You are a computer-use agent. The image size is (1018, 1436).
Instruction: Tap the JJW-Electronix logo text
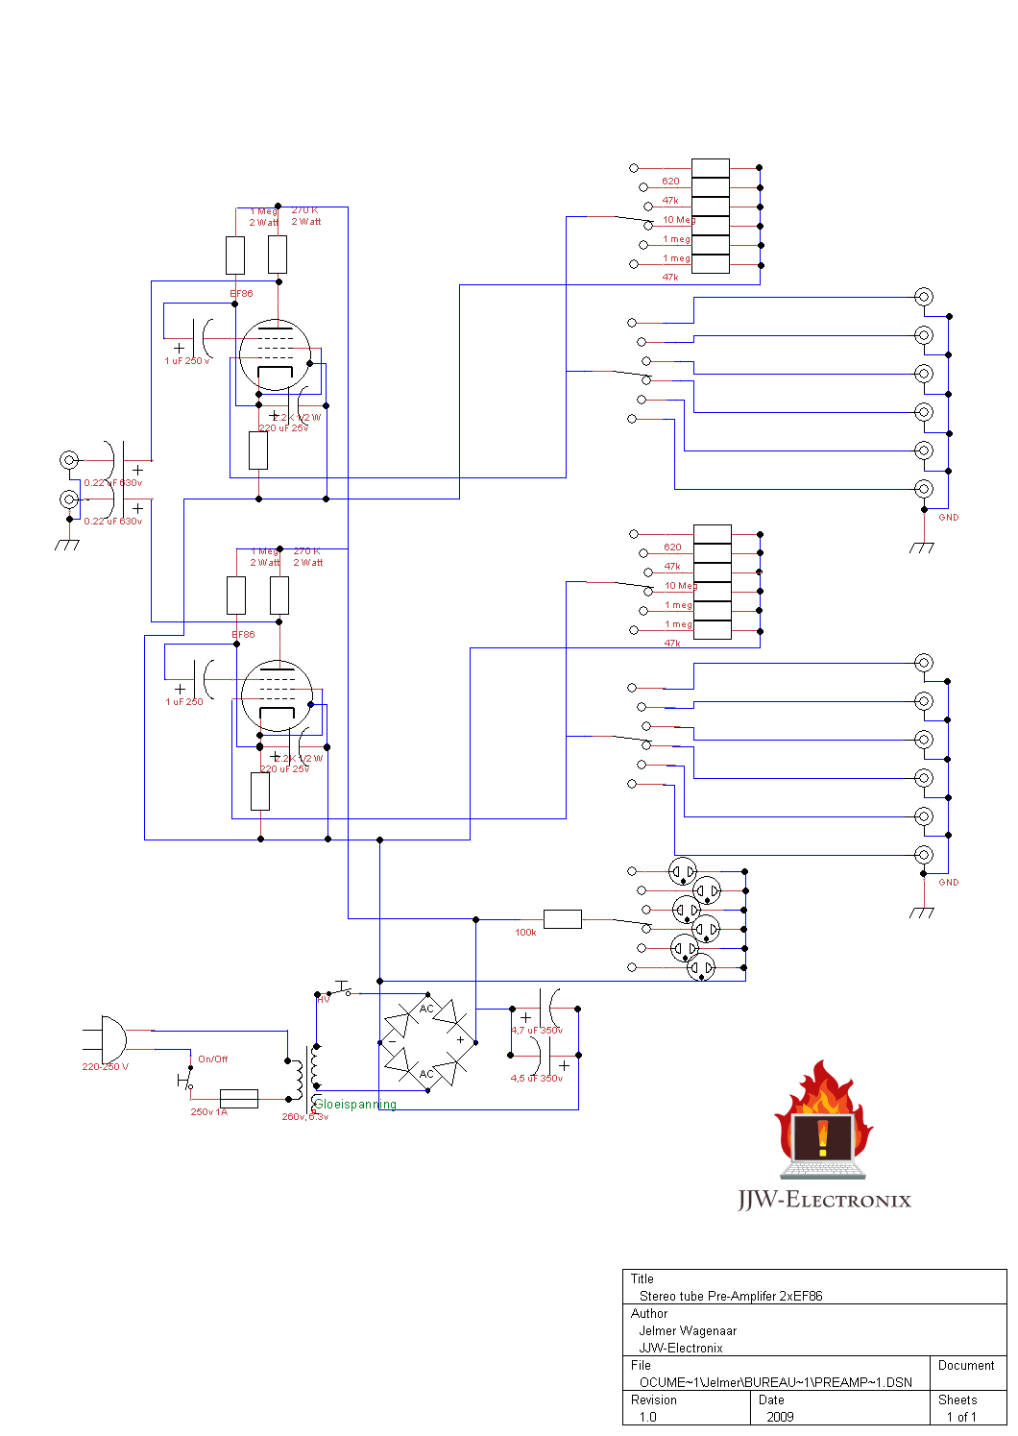(824, 1200)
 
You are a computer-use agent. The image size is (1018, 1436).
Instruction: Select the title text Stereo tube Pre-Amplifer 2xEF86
(731, 1296)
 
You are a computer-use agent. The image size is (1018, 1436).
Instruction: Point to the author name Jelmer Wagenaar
(688, 1330)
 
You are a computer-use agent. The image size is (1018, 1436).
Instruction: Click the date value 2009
(780, 1417)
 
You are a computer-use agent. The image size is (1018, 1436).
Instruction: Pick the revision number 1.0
(648, 1417)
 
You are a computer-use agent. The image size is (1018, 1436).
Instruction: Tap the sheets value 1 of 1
(960, 1417)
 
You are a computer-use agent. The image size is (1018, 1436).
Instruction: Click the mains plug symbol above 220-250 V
(109, 1039)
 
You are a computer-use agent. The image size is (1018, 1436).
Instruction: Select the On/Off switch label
(212, 1059)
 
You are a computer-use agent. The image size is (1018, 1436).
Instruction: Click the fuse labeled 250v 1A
(238, 1098)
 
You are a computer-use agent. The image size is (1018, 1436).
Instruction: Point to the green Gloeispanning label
(355, 1105)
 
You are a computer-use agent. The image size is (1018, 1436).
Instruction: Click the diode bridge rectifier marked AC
(426, 1041)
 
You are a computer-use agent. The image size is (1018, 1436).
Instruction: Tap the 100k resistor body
(562, 919)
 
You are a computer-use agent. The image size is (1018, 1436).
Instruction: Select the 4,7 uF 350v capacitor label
(537, 1031)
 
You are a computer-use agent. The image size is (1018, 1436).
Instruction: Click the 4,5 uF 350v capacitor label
(536, 1079)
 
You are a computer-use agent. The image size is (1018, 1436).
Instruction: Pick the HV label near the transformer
(324, 1000)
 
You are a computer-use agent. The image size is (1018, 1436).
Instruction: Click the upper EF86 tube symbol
(275, 354)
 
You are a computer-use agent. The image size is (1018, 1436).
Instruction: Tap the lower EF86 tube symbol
(277, 695)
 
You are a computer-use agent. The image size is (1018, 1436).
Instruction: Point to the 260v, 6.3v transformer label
(304, 1117)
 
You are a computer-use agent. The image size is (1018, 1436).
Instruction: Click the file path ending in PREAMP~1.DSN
(775, 1382)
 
